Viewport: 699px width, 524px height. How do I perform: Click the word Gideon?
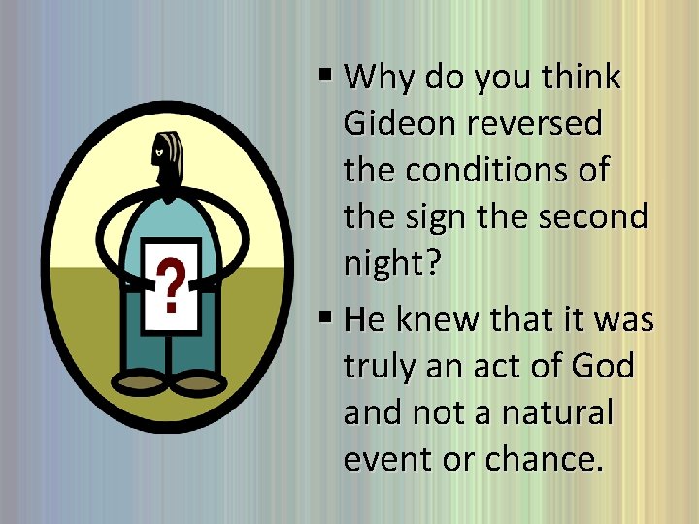[x=400, y=124]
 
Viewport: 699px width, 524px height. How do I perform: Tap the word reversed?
[x=535, y=124]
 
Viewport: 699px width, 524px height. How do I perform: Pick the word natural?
[x=557, y=412]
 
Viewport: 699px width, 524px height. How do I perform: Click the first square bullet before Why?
[x=326, y=74]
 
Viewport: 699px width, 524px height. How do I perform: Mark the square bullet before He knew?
[x=326, y=315]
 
